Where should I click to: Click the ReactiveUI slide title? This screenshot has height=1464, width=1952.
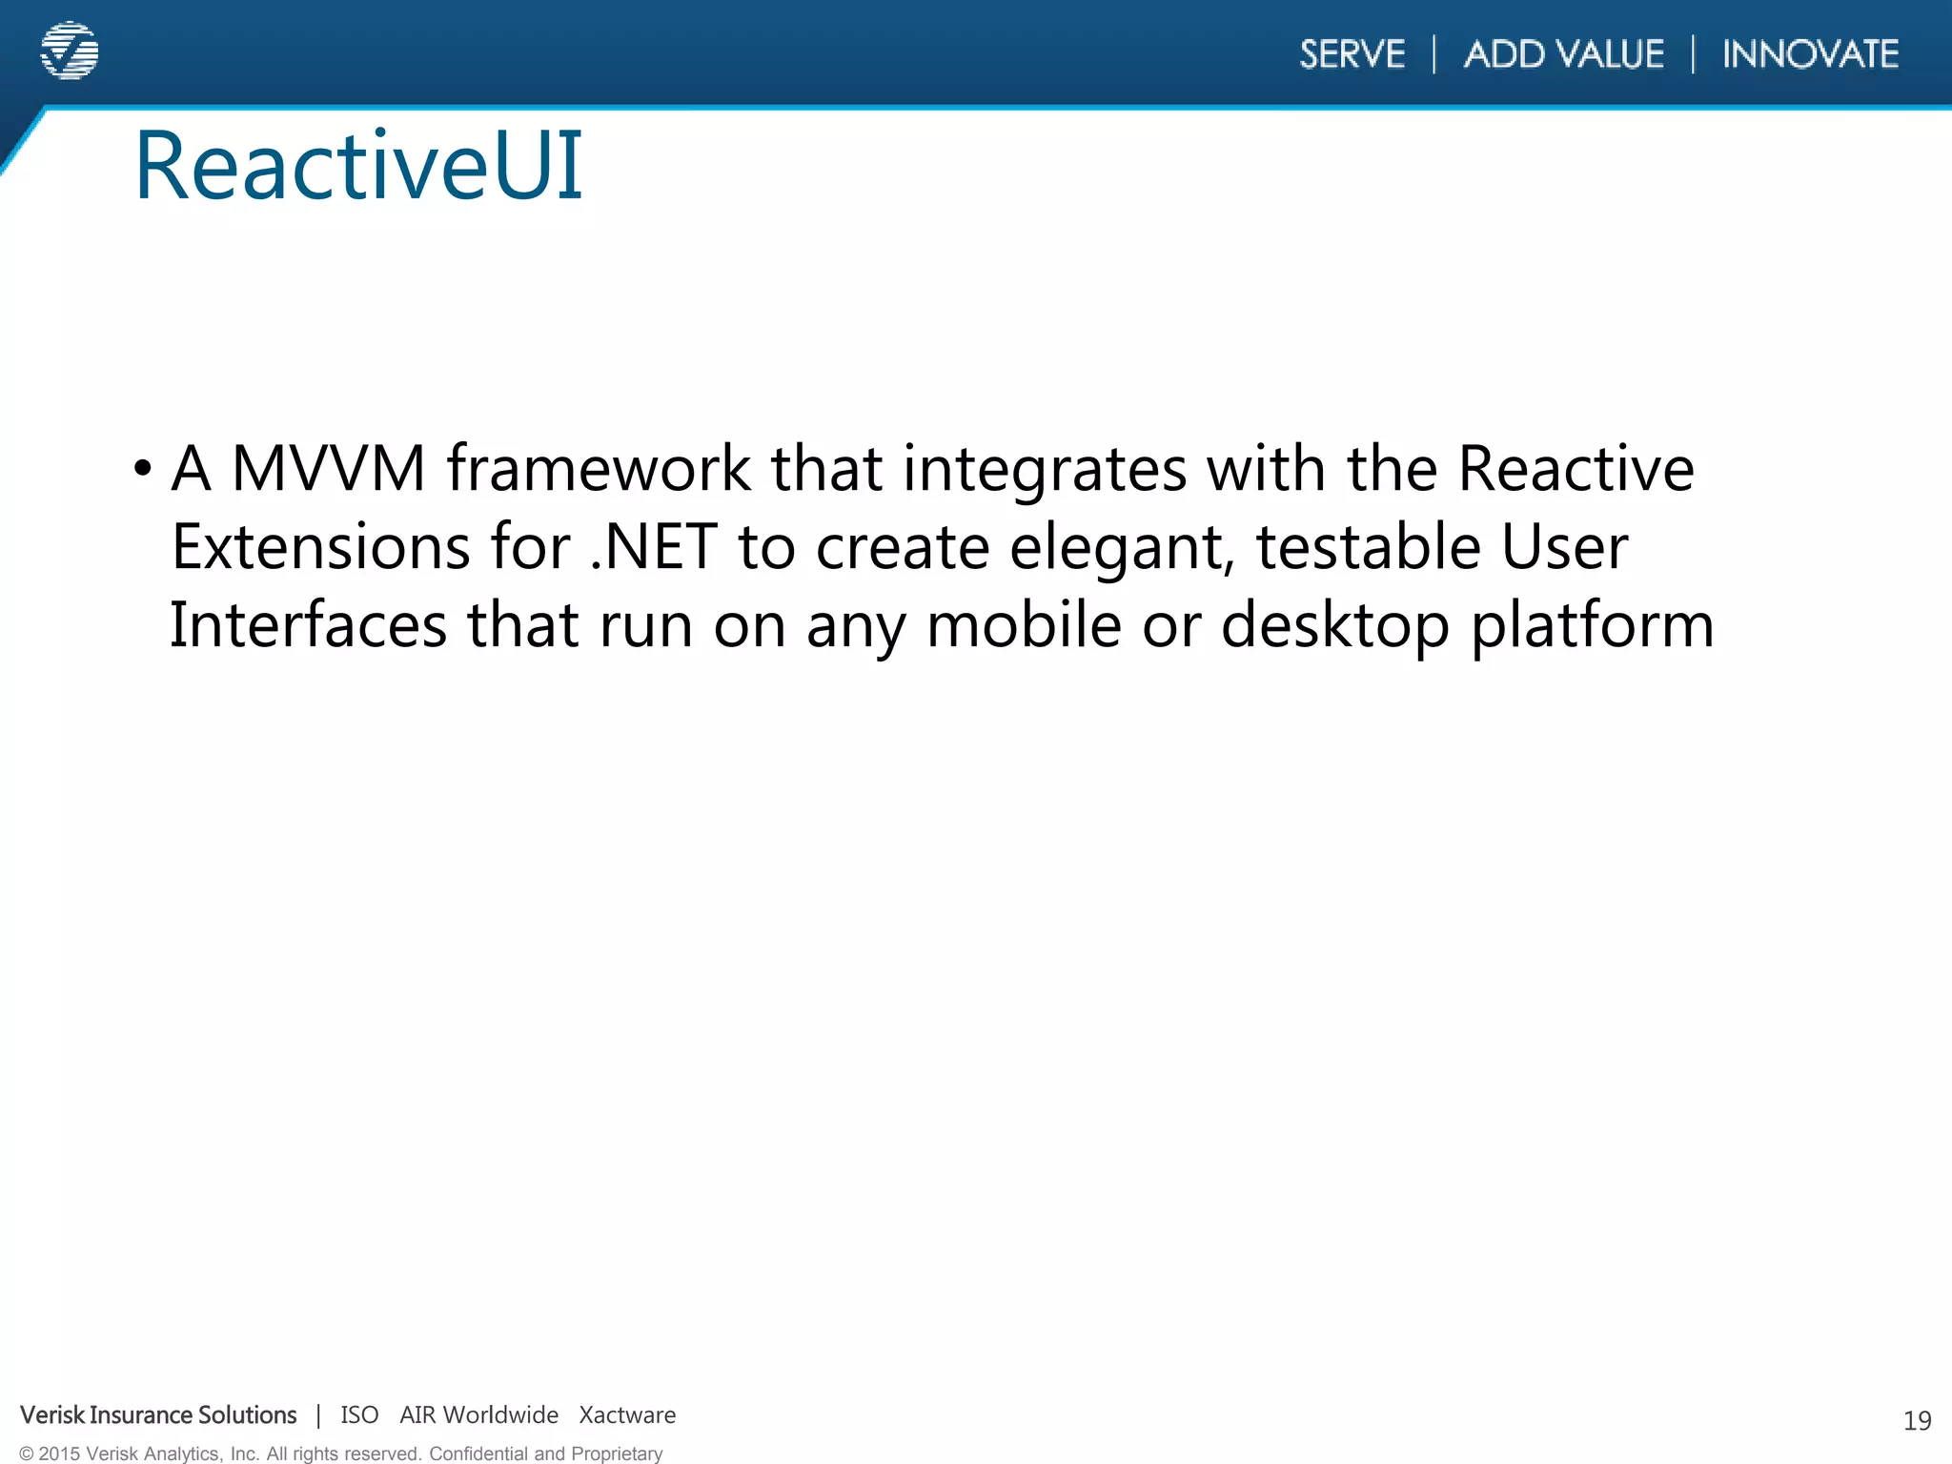358,167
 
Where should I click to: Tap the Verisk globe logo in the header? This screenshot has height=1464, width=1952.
70,51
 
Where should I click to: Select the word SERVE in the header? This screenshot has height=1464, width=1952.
1352,54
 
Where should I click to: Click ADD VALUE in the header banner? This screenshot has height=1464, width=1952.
1563,54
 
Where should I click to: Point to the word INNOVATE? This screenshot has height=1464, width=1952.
1810,54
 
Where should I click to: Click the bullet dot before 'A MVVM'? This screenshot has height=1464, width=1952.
143,469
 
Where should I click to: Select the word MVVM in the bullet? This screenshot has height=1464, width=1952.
328,469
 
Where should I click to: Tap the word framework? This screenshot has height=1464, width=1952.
599,469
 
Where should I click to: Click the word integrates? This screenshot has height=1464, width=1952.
1044,469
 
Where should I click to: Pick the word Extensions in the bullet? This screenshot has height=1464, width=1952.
321,547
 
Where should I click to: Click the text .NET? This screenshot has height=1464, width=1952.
653,547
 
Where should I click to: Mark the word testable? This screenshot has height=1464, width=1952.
1368,547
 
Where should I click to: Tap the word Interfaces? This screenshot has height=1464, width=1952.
308,625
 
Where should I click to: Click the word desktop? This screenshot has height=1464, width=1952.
1334,627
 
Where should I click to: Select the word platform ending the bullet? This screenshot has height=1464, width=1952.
1592,627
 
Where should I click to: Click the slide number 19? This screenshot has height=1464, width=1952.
1917,1421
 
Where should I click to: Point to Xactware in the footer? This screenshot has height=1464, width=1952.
627,1415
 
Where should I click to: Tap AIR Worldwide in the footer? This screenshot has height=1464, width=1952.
478,1415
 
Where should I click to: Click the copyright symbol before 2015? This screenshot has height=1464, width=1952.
27,1454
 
